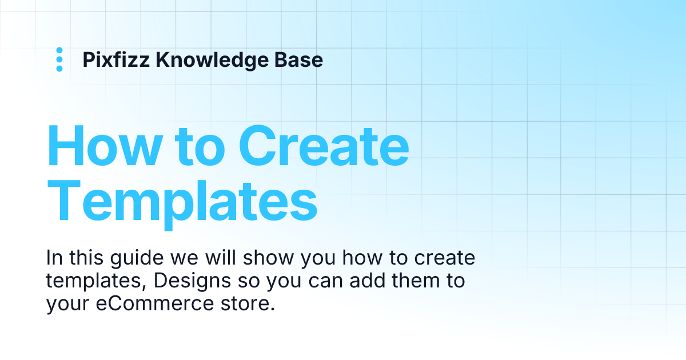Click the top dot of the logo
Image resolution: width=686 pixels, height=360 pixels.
point(59,51)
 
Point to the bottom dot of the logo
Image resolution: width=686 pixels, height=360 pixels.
point(59,69)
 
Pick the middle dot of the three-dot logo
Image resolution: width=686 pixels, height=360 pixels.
point(59,59)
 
